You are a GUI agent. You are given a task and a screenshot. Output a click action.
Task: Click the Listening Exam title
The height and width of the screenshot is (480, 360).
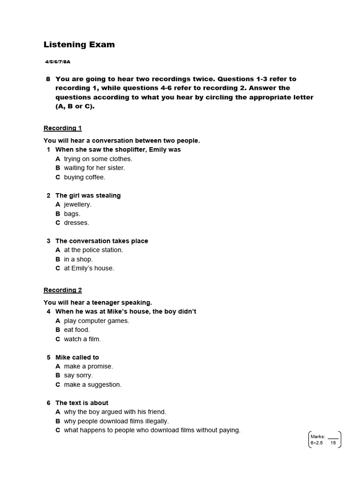tap(79, 45)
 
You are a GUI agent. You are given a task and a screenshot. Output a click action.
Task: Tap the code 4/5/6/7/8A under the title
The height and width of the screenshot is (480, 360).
tap(58, 61)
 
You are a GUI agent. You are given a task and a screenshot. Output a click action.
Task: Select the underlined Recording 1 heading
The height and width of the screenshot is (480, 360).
tap(63, 128)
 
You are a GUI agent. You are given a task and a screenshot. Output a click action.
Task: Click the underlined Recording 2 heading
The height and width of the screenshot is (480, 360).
tap(63, 290)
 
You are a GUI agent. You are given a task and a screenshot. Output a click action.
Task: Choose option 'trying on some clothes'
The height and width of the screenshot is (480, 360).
tap(98, 159)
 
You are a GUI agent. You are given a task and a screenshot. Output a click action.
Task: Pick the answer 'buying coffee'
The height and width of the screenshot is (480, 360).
tap(84, 177)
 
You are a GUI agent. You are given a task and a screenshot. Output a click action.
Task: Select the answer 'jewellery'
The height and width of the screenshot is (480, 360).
tap(78, 204)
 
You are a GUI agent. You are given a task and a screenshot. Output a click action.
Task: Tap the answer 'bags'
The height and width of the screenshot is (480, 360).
tap(72, 214)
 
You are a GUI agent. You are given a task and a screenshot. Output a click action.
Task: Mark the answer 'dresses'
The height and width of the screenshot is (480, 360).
tap(76, 223)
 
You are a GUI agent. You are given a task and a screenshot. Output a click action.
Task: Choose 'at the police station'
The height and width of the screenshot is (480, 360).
tap(93, 250)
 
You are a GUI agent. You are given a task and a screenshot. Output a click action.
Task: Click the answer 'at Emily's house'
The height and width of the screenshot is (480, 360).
tap(89, 268)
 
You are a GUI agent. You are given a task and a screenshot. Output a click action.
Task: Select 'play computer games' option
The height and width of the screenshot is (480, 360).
tap(97, 321)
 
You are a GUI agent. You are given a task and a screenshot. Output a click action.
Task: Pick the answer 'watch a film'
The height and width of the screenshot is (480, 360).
tap(82, 339)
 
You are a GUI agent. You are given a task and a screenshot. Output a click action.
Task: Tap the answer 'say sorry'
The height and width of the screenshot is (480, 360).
tap(78, 375)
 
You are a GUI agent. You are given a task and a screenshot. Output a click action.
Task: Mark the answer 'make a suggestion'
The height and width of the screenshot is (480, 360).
tap(93, 384)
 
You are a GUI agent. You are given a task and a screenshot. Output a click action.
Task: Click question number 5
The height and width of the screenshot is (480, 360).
tap(48, 357)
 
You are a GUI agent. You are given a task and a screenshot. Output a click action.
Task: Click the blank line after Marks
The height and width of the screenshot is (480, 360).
tap(333, 436)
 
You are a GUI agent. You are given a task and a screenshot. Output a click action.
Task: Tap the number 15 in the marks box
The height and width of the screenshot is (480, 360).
tap(333, 443)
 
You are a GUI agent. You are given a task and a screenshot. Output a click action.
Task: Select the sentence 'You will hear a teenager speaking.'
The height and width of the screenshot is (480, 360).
tap(98, 302)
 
